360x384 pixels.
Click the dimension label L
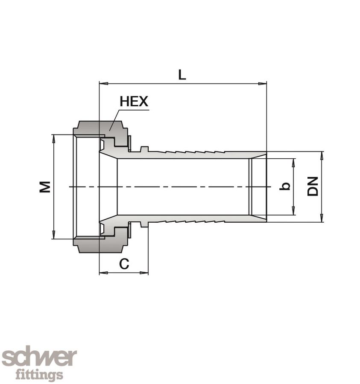tap(182, 75)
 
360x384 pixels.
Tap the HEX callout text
tap(134, 102)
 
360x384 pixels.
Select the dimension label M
tap(45, 186)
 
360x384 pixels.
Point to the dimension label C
tap(124, 264)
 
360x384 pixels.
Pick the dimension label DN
tap(313, 186)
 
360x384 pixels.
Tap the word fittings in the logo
tap(39, 375)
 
